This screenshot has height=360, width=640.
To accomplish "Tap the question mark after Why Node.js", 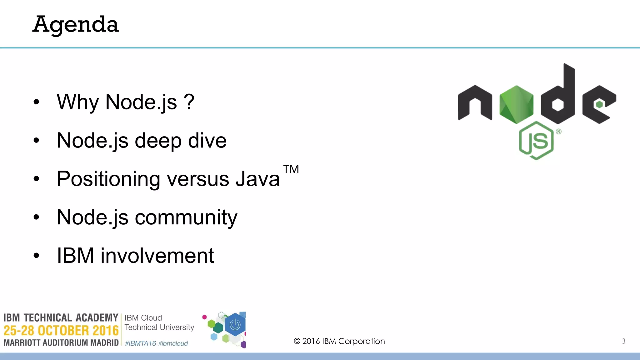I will [189, 102].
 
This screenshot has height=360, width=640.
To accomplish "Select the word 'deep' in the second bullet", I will [158, 141].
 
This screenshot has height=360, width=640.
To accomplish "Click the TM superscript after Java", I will [291, 169].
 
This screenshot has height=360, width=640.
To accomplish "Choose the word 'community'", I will [186, 217].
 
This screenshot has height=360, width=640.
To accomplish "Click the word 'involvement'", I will [157, 256].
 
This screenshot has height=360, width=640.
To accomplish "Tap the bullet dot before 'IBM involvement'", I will [37, 256].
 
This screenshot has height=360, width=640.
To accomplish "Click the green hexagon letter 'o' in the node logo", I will [516, 104].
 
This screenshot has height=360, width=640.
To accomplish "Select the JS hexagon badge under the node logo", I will [536, 141].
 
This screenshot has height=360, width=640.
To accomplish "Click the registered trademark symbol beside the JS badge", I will [559, 132].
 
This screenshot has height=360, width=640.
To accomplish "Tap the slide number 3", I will [623, 341].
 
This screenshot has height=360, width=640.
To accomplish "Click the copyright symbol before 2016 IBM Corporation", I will [297, 341].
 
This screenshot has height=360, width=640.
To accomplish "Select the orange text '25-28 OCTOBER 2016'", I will [61, 331].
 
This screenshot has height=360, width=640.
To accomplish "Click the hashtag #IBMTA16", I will [140, 343].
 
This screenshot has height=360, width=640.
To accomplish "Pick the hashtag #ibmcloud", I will [173, 343].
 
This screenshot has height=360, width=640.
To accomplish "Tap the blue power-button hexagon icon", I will [235, 325].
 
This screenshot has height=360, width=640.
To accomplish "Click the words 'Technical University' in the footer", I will [159, 327].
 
